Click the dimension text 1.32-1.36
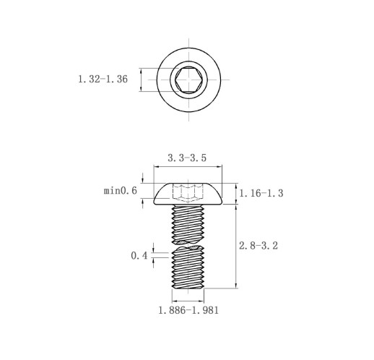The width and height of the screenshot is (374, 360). tap(103, 80)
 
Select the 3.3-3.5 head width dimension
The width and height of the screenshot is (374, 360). tap(187, 158)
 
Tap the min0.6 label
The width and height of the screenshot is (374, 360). tap(121, 191)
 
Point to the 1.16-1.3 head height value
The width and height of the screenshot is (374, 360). tap(261, 193)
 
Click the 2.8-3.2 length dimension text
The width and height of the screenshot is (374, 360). tap(258, 246)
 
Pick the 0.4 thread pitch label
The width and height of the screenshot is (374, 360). tap(139, 256)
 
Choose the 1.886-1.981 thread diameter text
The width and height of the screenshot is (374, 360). tap(188, 310)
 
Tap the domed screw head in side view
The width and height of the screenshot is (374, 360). tap(188, 194)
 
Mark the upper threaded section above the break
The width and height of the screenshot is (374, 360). tap(188, 224)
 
